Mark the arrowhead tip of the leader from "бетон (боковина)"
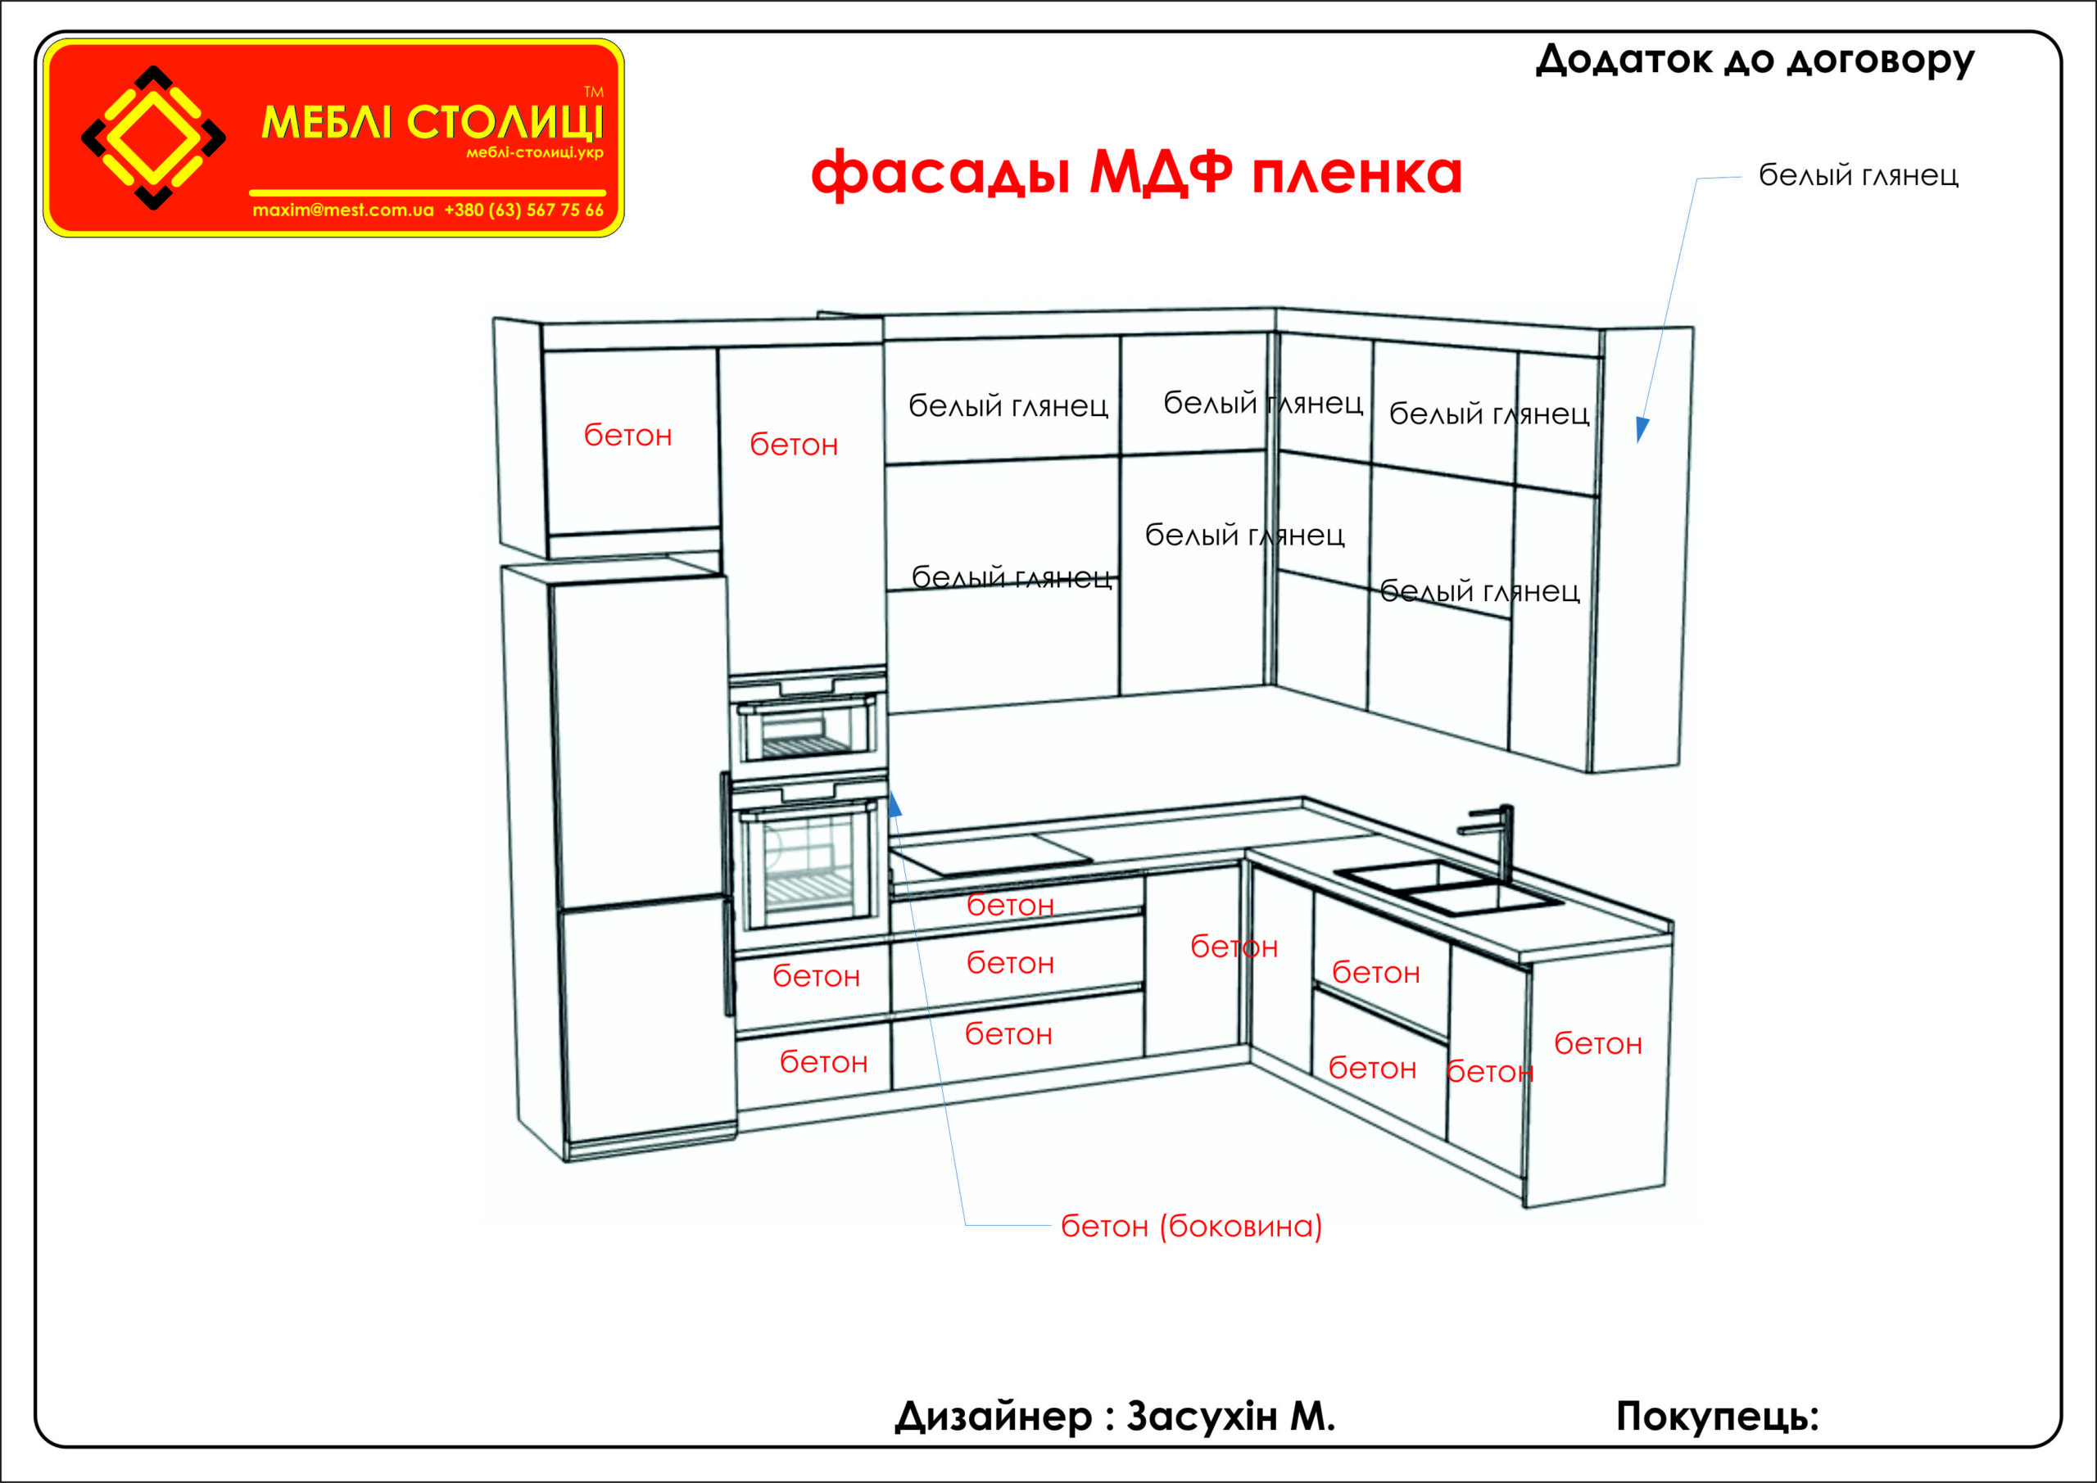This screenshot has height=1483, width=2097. click(x=891, y=791)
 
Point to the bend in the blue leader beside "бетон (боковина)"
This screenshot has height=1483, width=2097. click(x=967, y=1224)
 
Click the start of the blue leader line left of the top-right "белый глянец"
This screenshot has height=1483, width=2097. click(x=1741, y=176)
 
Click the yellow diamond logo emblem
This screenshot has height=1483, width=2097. click(x=153, y=138)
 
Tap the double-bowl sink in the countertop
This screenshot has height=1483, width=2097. click(x=1448, y=887)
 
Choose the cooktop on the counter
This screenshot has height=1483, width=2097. click(x=992, y=855)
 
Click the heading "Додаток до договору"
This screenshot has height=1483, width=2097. click(x=1755, y=61)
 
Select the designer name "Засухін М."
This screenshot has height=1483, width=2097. click(x=1230, y=1417)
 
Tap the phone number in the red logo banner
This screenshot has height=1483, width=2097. click(x=524, y=210)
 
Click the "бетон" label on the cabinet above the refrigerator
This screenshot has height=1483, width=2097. click(x=628, y=436)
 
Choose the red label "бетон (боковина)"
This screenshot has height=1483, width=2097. click(x=1192, y=1227)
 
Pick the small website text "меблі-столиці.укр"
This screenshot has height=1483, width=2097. click(x=535, y=152)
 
